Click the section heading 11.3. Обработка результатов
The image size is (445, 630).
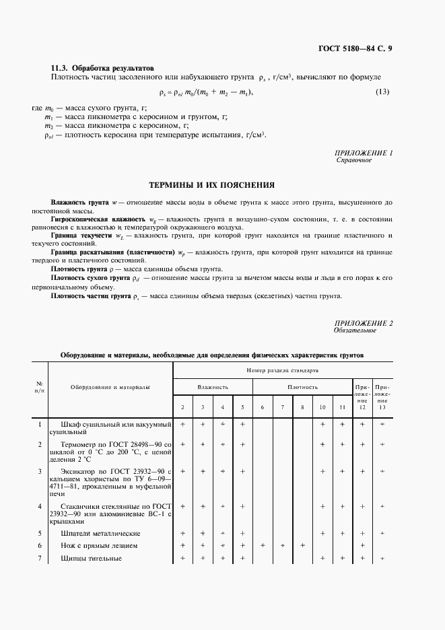[103, 68]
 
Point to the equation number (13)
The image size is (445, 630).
[383, 92]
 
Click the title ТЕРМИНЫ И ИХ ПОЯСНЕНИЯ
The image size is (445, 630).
[211, 184]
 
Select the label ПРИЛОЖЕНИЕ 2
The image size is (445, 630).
[364, 323]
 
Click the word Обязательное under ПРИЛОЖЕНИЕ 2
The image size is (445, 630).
[355, 330]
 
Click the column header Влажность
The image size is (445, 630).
[213, 387]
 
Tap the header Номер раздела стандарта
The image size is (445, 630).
[282, 370]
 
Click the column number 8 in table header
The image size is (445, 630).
[302, 408]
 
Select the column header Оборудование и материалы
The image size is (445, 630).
[110, 387]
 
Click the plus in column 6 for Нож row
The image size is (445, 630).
[263, 545]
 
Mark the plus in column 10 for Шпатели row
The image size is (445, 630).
[322, 532]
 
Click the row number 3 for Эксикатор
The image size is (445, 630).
[40, 470]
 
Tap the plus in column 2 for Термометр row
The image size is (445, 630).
[183, 444]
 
